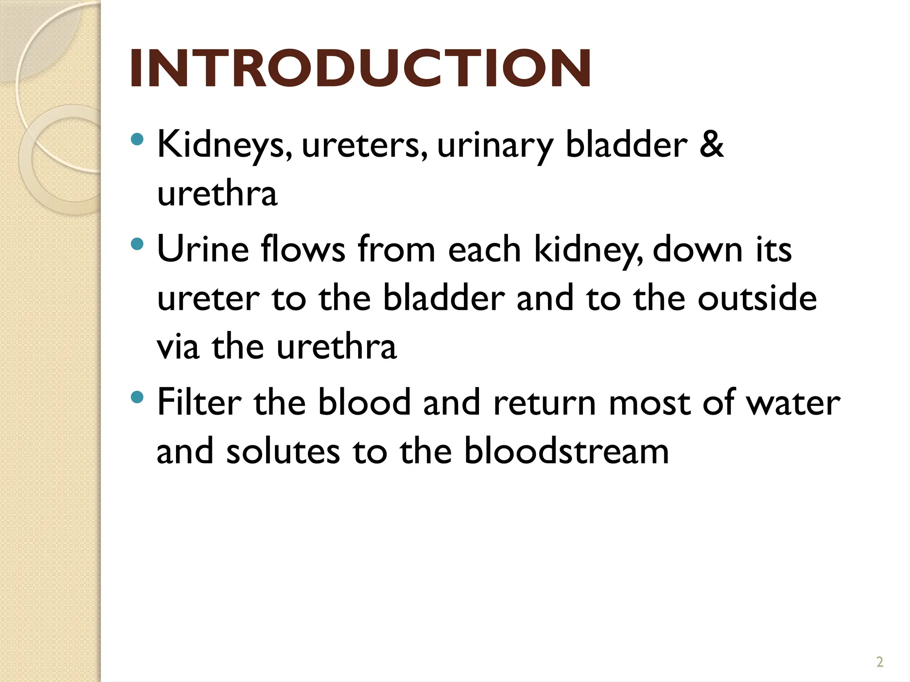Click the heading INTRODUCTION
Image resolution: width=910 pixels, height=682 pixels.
(360, 69)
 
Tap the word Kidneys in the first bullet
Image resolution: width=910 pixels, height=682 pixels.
(224, 145)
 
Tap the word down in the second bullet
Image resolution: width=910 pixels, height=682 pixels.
(698, 250)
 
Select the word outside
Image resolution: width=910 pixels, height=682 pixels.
(757, 298)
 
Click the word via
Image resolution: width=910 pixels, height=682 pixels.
(178, 347)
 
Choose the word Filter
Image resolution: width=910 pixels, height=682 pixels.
(200, 402)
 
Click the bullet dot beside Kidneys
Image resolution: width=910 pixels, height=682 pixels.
(138, 139)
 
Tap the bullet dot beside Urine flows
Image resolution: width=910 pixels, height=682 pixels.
(138, 244)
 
